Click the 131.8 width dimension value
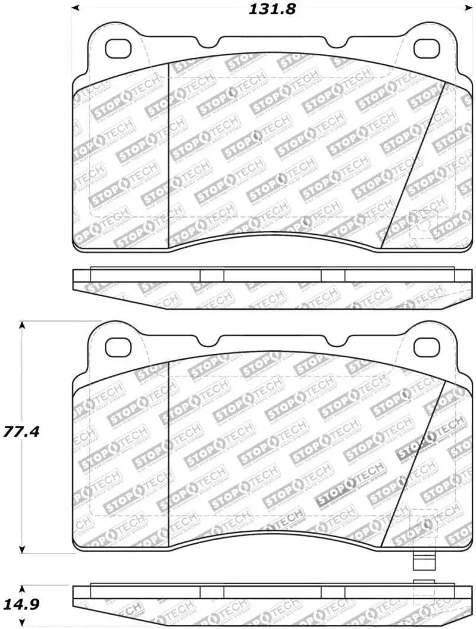[270, 9]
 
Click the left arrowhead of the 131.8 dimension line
[76, 8]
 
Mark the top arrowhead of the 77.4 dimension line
[22, 326]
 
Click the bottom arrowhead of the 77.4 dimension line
[22, 550]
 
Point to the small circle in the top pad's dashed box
[423, 225]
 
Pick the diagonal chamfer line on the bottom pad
[414, 464]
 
